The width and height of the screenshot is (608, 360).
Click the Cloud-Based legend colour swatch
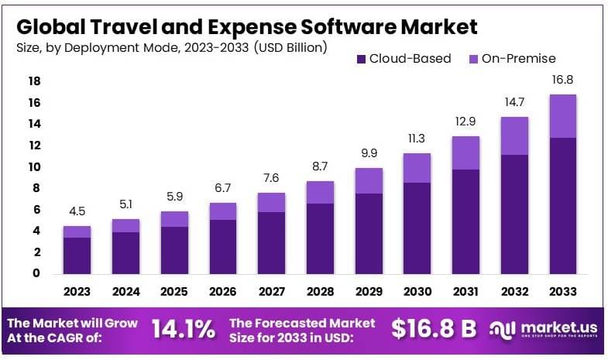click(360, 59)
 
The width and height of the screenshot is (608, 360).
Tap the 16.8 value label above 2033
click(563, 79)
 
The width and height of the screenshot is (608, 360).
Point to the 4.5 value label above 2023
click(77, 211)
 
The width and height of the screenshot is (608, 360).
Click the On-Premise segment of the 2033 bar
click(563, 116)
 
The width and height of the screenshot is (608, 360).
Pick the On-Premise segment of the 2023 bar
click(77, 231)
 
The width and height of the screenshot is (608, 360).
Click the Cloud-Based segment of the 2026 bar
click(223, 246)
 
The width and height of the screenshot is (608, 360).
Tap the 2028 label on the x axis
click(321, 292)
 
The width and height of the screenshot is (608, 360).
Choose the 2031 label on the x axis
click(466, 292)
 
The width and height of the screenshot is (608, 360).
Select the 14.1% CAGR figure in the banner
click(183, 329)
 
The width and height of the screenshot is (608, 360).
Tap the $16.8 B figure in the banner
click(433, 329)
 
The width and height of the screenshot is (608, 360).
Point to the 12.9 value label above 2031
click(466, 121)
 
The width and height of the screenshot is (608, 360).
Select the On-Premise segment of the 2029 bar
click(369, 180)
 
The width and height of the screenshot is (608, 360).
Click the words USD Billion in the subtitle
click(287, 47)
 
